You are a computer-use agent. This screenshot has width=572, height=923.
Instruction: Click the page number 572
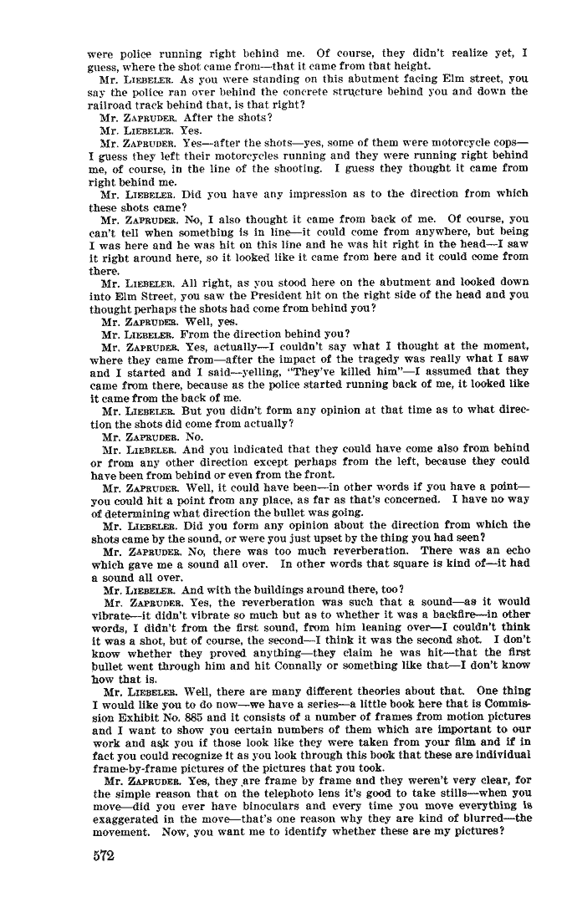click(x=102, y=856)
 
